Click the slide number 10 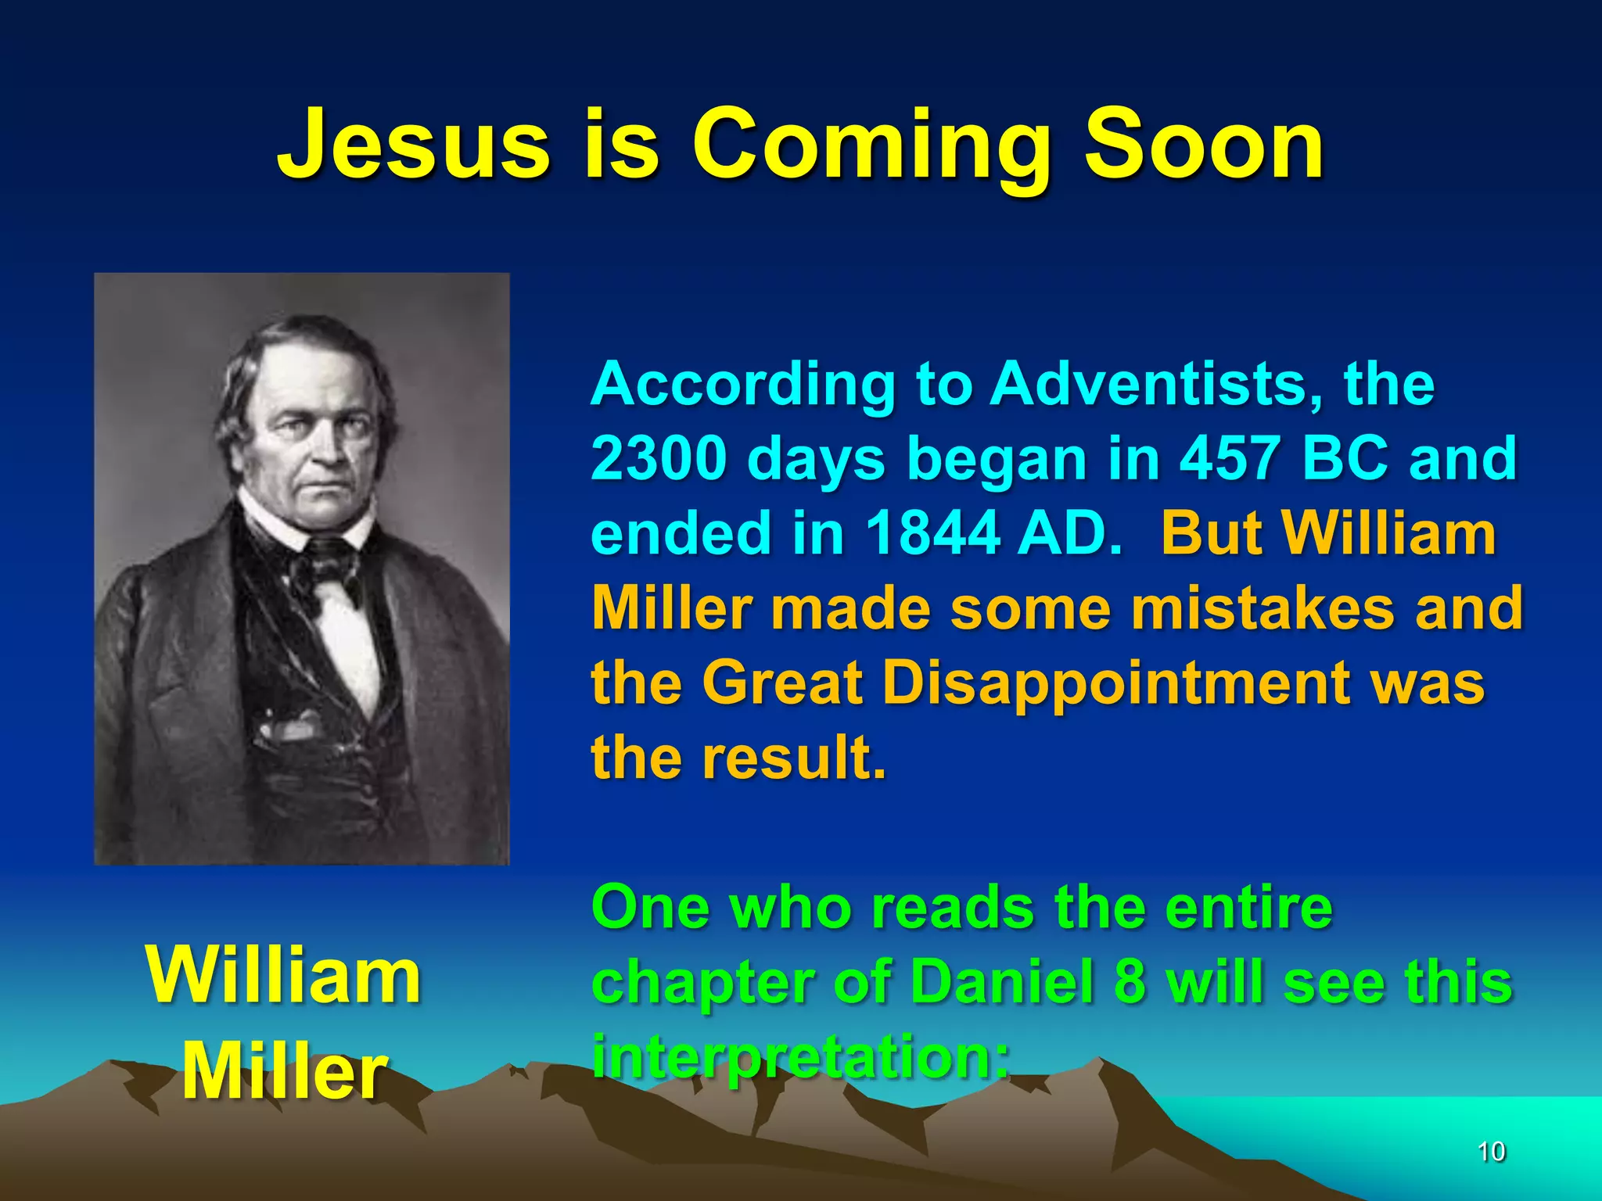pos(1491,1151)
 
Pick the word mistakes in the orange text pos(1263,608)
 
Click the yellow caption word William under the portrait pos(284,975)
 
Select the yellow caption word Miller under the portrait pos(284,1072)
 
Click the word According pos(743,385)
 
